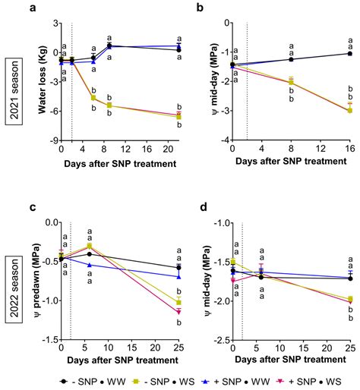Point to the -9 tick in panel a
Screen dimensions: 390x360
tap(52, 141)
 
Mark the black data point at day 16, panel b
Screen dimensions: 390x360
tap(349, 54)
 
